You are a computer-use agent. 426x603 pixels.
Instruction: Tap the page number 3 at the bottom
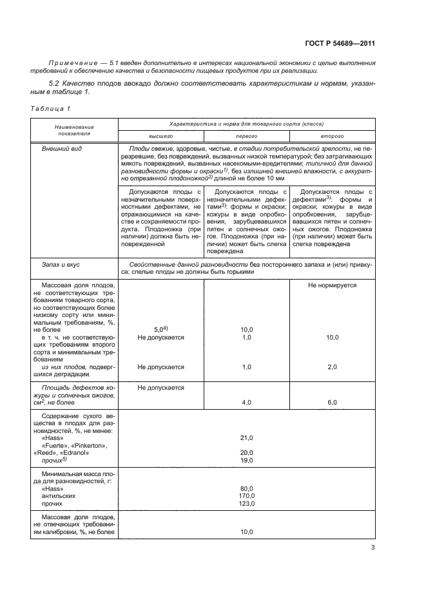[x=372, y=548]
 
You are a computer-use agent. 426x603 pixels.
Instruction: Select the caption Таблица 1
[x=50, y=108]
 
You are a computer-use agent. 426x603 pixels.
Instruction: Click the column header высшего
[x=160, y=137]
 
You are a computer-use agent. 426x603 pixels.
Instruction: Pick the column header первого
[x=246, y=137]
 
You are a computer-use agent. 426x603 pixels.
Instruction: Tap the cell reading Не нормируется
[x=332, y=284]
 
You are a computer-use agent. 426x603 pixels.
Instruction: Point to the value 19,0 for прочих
[x=246, y=461]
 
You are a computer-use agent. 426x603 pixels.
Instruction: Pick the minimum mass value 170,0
[x=246, y=495]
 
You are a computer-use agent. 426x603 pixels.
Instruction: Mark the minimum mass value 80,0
[x=246, y=488]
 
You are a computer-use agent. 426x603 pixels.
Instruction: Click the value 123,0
[x=246, y=504]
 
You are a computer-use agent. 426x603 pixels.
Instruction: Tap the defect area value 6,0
[x=332, y=402]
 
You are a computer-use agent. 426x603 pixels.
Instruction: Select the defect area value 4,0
[x=246, y=402]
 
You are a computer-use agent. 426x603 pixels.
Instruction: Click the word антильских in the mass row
[x=59, y=495]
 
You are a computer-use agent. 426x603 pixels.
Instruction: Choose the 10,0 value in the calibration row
[x=246, y=532]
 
